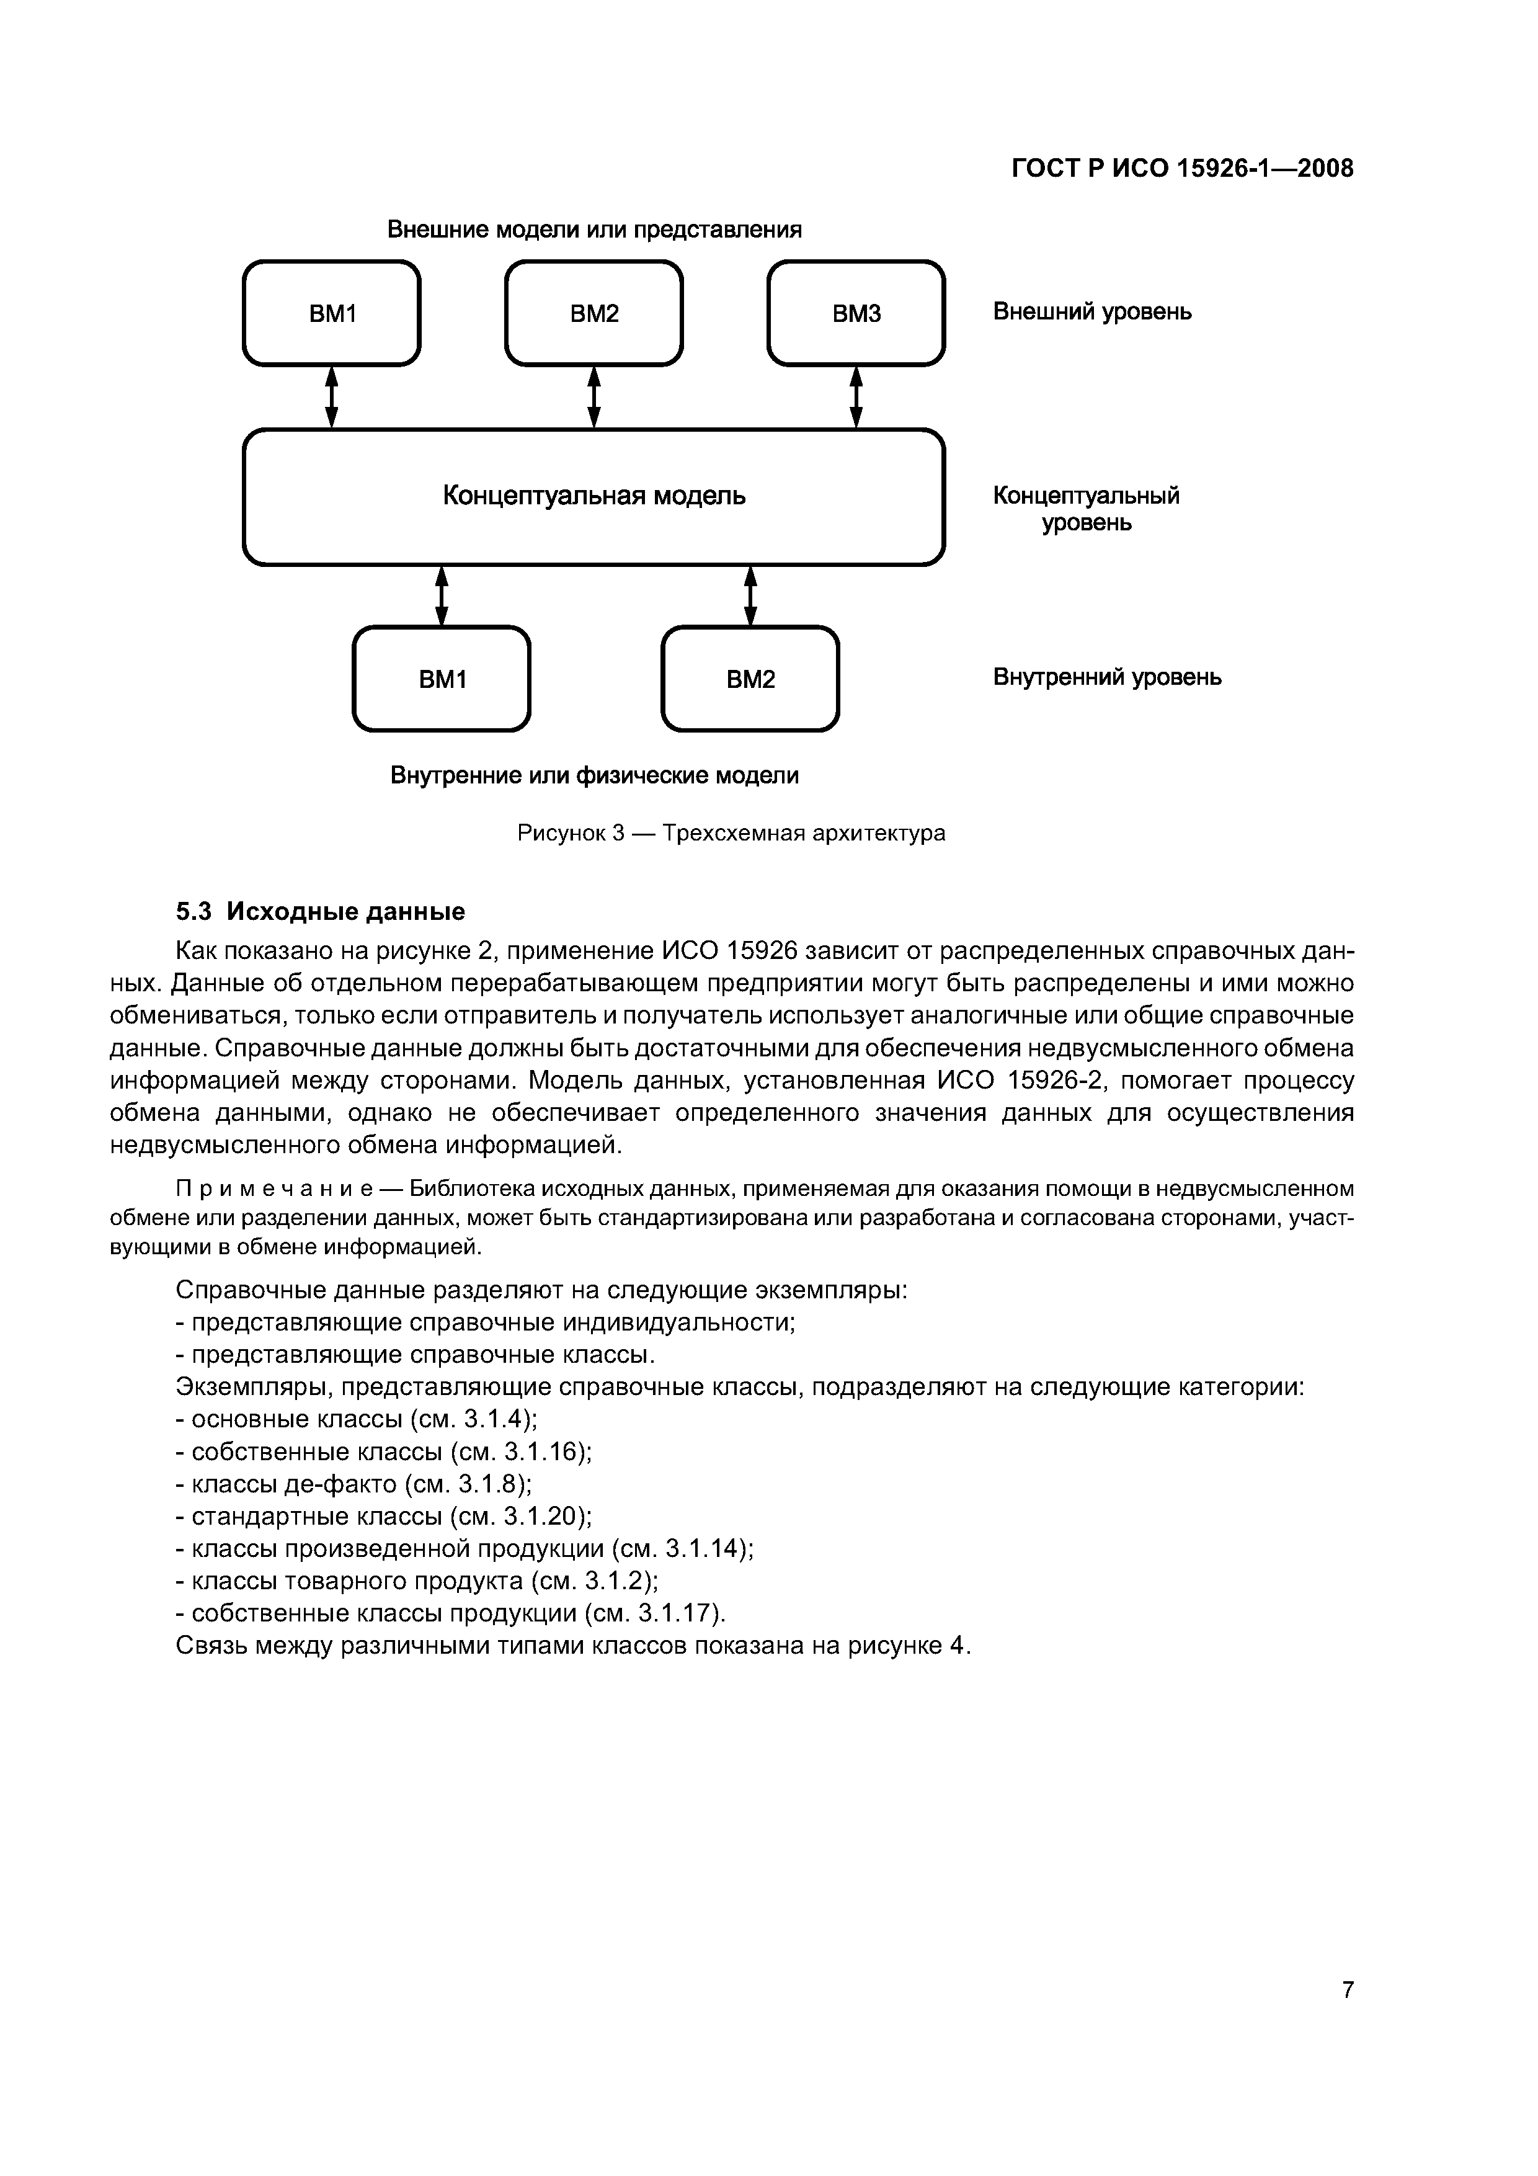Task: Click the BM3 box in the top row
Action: tap(856, 313)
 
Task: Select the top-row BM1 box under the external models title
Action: tap(332, 313)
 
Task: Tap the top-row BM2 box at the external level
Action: tap(594, 313)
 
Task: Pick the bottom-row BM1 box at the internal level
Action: tap(442, 679)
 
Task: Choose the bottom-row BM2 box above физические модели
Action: tap(750, 679)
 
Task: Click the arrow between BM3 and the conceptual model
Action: tap(856, 397)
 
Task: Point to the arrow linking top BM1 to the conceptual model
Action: tap(332, 397)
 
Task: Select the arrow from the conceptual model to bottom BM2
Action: tap(750, 595)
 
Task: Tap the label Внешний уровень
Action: tap(1091, 312)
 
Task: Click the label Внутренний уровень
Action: tap(1107, 677)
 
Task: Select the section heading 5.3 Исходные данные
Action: tap(320, 912)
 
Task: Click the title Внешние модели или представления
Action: tap(594, 230)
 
